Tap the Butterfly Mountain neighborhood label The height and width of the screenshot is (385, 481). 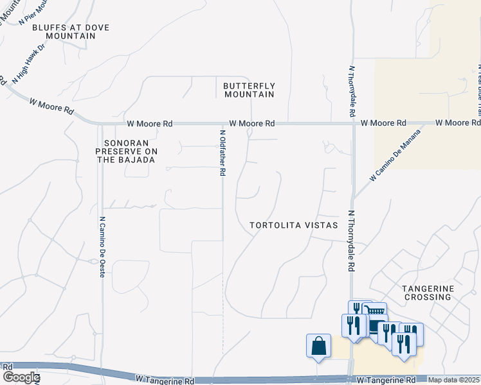tap(249, 90)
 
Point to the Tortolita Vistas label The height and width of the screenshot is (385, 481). tap(294, 225)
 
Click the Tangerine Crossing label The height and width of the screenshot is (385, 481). tap(427, 293)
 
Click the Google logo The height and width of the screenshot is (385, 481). tap(21, 377)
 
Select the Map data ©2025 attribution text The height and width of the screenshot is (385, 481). tap(454, 380)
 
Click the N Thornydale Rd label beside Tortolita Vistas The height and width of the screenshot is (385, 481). tap(352, 241)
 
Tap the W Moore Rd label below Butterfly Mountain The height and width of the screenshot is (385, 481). tap(252, 123)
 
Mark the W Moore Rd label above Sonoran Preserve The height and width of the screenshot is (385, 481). tap(150, 123)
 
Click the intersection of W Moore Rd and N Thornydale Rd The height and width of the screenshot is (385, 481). tap(353, 123)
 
